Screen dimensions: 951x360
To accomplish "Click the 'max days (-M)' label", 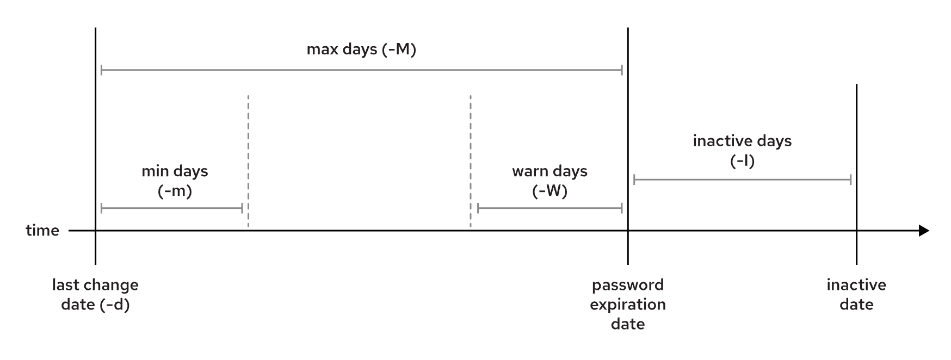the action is [361, 49].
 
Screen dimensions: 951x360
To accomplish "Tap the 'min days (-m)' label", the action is [175, 181].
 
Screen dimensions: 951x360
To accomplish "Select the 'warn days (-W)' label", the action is [549, 181].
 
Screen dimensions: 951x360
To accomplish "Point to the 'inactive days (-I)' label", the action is [742, 151].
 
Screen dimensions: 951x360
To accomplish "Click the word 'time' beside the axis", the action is [42, 231].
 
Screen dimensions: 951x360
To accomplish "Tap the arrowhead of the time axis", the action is [924, 231].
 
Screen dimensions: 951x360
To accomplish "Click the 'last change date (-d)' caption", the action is [95, 295].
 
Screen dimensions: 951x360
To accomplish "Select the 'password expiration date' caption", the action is [628, 305].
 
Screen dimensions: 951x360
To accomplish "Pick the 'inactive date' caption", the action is [856, 295].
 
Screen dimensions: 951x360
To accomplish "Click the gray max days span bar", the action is [362, 70].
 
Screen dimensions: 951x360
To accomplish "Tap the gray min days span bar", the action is [172, 208].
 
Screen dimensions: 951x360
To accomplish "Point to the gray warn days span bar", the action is [549, 208].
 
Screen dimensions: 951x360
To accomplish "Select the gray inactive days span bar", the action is [742, 180].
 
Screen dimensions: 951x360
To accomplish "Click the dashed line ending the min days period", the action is [248, 161].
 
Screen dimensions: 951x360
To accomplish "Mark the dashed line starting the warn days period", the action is [471, 161].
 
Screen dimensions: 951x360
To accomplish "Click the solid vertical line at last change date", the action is [95, 146].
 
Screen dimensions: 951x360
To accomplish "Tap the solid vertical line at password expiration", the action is [628, 146].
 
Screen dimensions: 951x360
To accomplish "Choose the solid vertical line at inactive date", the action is [856, 175].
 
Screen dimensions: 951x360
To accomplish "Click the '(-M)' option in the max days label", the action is [399, 50].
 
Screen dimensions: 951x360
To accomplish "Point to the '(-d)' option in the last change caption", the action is [115, 305].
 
